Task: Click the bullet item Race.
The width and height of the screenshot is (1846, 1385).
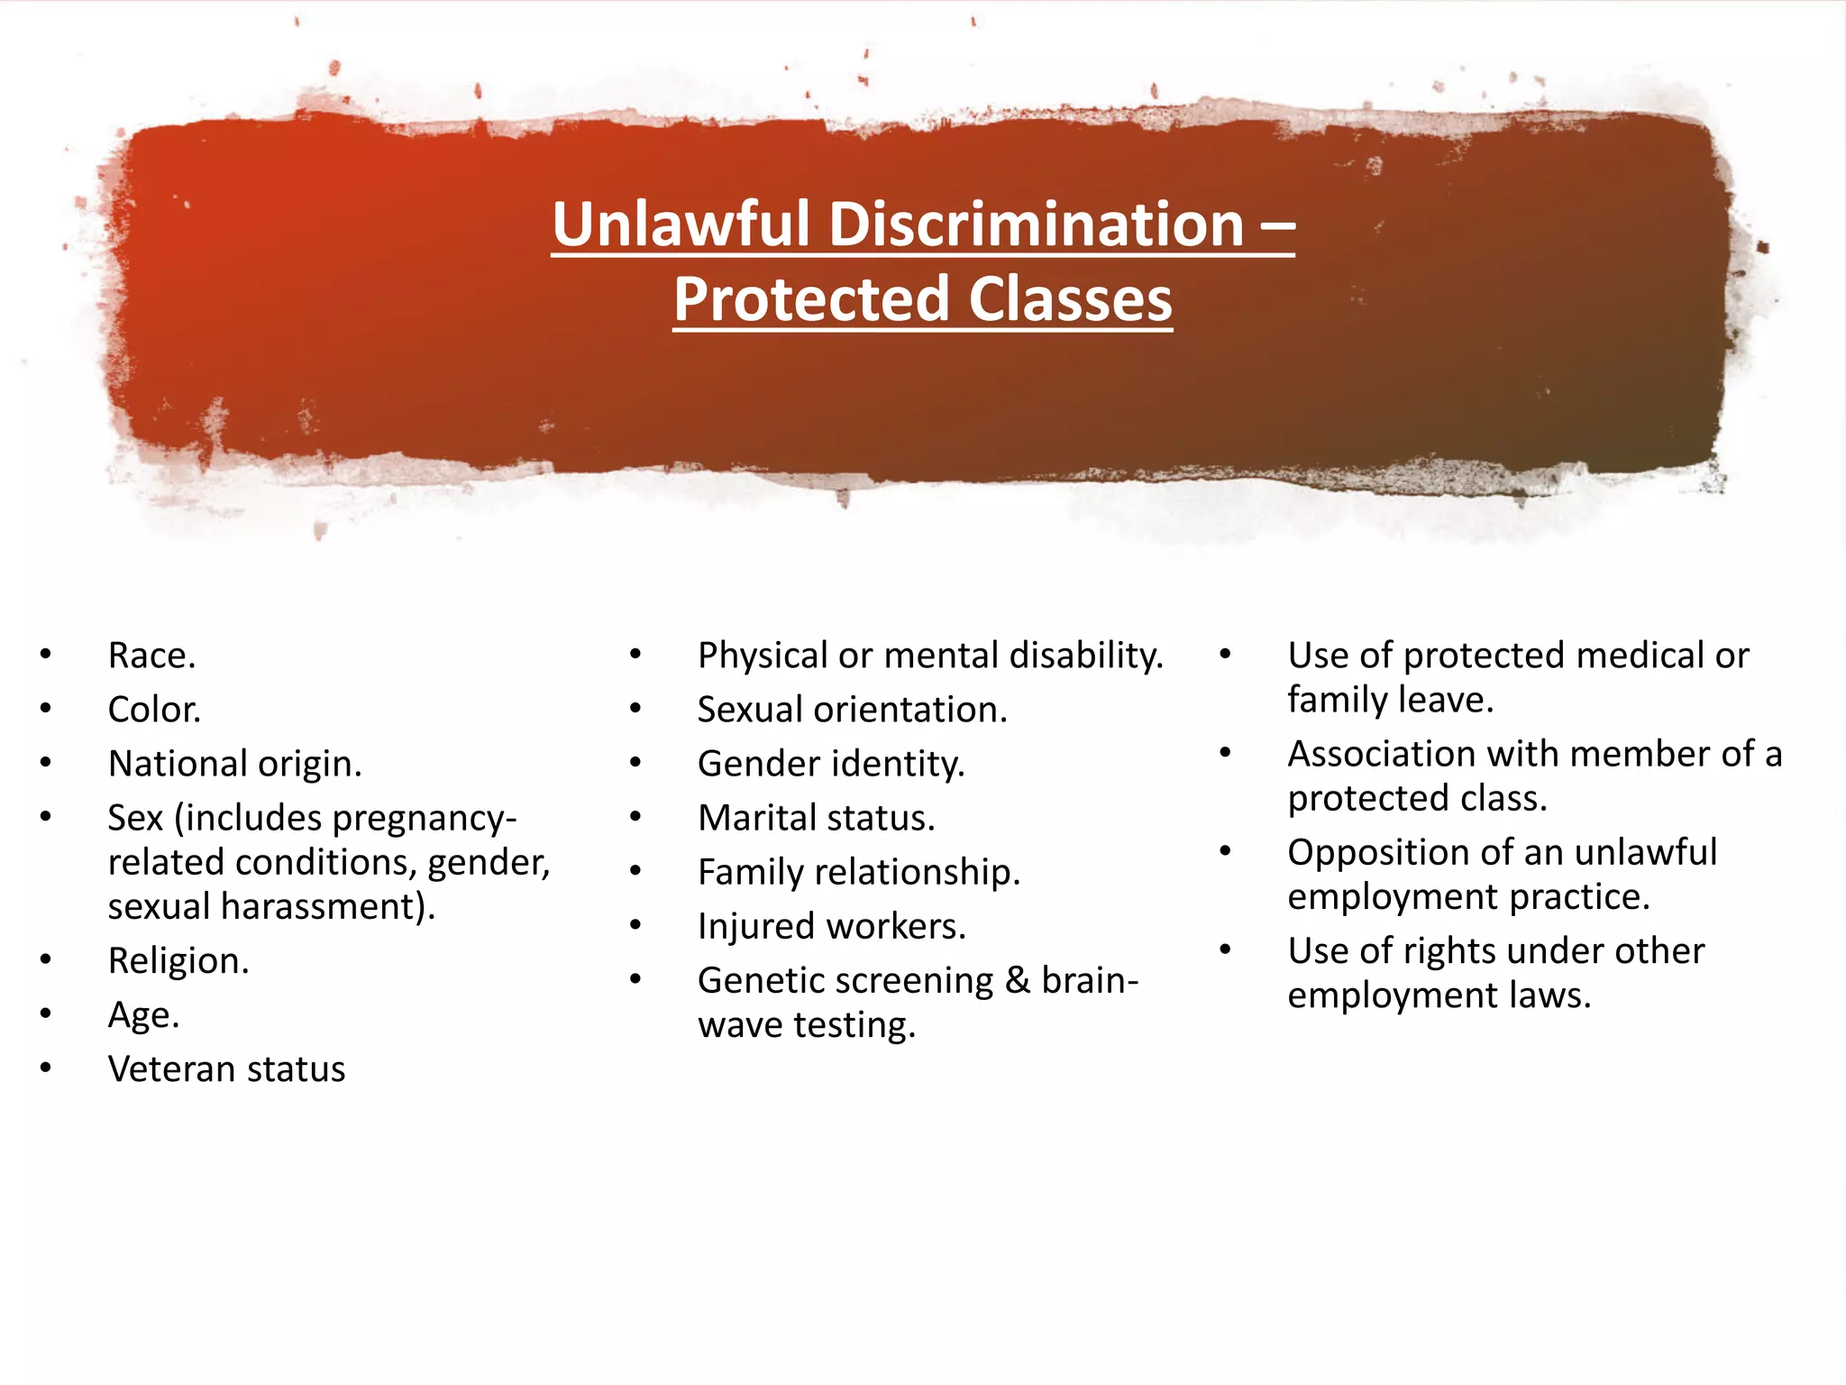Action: (151, 656)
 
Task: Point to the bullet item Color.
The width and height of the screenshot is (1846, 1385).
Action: (154, 710)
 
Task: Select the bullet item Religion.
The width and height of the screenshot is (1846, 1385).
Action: (178, 961)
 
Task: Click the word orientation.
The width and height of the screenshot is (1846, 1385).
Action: (910, 710)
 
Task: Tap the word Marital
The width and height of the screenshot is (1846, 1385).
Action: (757, 818)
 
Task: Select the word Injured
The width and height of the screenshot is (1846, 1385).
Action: (756, 926)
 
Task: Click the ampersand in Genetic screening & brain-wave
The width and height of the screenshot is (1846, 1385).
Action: (1018, 980)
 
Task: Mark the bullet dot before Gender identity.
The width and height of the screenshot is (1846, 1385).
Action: (635, 763)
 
